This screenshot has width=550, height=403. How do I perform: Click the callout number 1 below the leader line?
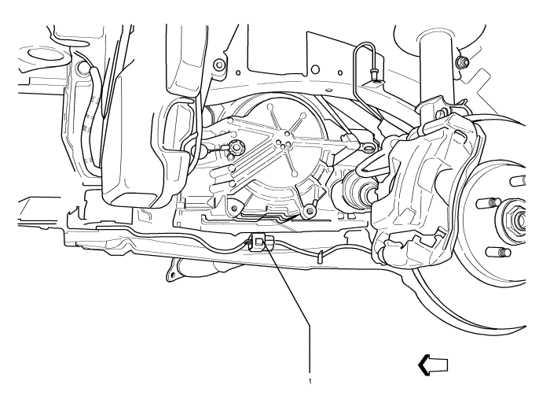pyautogui.click(x=310, y=381)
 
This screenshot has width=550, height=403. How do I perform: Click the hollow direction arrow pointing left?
pyautogui.click(x=433, y=365)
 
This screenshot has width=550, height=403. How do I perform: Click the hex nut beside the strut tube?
pyautogui.click(x=462, y=62)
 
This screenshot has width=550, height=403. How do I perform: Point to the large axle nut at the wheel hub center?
pyautogui.click(x=515, y=220)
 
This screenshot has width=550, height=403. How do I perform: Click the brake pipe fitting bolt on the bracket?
pyautogui.click(x=373, y=74)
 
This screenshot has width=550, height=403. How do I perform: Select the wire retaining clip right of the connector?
pyautogui.click(x=321, y=257)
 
